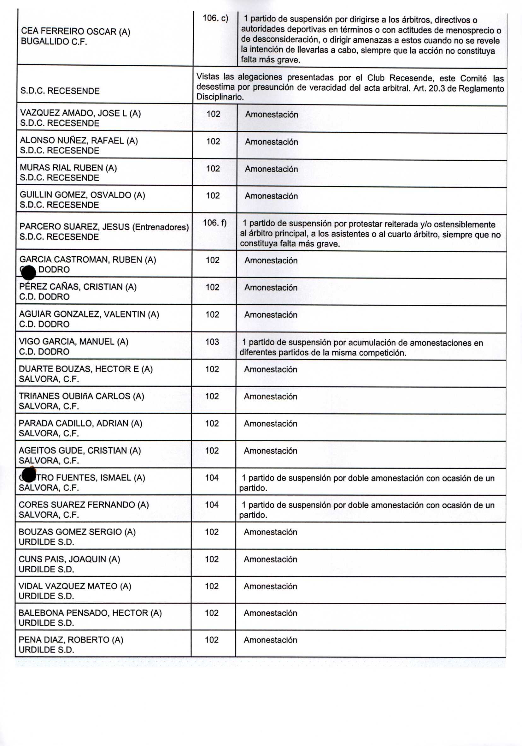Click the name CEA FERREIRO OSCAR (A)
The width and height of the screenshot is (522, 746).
[75, 32]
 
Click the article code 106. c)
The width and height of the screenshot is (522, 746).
[215, 18]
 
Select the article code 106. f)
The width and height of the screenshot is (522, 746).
[214, 223]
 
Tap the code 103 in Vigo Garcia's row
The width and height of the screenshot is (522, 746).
[212, 342]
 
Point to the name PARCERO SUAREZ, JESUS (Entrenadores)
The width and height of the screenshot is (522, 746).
[104, 226]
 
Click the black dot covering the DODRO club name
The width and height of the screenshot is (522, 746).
[28, 272]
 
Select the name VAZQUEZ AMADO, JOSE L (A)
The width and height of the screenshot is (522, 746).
[80, 113]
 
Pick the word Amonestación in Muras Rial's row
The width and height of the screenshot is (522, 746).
[271, 169]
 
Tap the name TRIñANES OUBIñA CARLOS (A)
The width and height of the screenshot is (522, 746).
[81, 396]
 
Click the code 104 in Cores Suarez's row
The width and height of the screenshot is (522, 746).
[212, 504]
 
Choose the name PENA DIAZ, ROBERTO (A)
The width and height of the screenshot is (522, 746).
[71, 640]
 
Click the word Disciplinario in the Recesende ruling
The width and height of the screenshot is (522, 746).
[220, 97]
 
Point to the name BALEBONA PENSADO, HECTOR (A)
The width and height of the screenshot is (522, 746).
[90, 613]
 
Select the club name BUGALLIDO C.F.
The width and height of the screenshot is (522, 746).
[54, 42]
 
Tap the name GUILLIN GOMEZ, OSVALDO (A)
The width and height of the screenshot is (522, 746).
[82, 195]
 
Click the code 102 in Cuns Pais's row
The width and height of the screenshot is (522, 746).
[212, 559]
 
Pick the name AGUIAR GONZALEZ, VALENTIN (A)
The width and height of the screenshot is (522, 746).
[89, 314]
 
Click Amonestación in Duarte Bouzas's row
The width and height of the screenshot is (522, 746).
[270, 369]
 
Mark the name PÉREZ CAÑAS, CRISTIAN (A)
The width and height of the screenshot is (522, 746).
[78, 287]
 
